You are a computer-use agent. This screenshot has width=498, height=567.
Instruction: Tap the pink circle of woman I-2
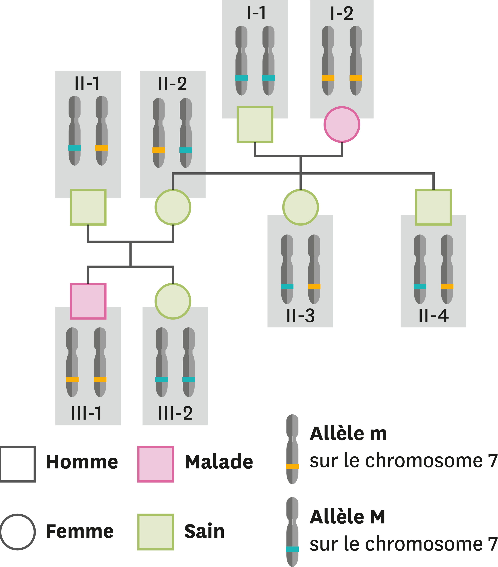[342, 125]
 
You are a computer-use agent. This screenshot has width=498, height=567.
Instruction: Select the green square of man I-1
[255, 125]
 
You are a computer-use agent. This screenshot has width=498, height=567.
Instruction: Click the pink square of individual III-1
[88, 301]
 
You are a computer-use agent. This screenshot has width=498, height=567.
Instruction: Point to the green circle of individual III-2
[173, 301]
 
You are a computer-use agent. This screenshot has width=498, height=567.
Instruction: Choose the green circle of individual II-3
[300, 207]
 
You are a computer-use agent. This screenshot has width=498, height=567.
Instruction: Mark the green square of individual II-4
[433, 207]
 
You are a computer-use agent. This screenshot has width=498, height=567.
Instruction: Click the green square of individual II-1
[88, 207]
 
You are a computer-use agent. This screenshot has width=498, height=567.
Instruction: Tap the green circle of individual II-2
[173, 207]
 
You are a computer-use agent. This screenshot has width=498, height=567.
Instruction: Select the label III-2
[175, 413]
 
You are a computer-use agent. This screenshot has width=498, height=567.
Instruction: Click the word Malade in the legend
[219, 462]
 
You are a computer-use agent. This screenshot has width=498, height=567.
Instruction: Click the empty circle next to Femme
[18, 532]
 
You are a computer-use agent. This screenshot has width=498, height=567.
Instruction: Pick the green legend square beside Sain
[156, 532]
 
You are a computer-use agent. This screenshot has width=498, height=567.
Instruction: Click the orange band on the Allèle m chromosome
[292, 466]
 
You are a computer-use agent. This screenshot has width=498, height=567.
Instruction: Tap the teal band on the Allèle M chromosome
[292, 549]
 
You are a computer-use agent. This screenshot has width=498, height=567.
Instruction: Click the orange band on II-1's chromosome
[102, 148]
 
